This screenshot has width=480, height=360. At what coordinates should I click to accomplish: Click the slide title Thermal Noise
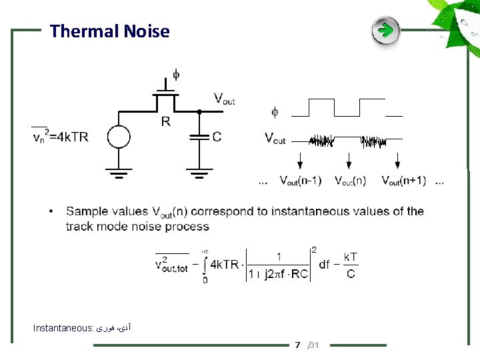point(109,31)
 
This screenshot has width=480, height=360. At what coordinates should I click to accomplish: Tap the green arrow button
point(385,31)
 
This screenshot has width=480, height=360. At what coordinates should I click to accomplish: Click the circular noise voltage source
point(119,137)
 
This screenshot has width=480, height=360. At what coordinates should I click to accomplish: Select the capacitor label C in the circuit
point(217,137)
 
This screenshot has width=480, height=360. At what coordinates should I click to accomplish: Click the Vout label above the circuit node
point(224,99)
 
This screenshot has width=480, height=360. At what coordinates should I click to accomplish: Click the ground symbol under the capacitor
point(199,175)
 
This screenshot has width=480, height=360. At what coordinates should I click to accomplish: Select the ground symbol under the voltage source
point(119,175)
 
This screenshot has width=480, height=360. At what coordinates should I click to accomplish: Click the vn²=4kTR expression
point(60,137)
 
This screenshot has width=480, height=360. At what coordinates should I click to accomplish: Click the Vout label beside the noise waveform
point(275,139)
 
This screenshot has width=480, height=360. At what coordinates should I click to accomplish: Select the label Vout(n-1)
point(300,181)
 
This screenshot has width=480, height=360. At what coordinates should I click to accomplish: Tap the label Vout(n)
point(351,181)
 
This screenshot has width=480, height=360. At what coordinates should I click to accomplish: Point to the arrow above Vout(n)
point(349,160)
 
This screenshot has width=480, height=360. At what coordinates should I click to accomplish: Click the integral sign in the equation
point(205,265)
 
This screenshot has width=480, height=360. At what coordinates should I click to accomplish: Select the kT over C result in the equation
point(351,265)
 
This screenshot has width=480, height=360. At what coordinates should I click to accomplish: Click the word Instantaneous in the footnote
point(63,328)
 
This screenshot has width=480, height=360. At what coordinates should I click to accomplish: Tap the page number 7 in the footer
point(298,345)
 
